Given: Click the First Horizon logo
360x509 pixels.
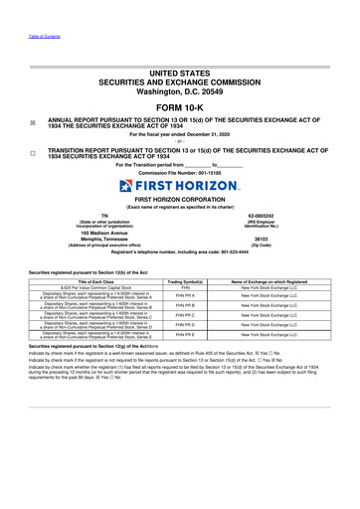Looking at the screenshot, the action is coord(179,186).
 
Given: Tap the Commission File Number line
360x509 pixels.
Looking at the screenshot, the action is coord(179,173).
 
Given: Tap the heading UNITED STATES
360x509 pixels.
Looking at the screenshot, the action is coord(179,63).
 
